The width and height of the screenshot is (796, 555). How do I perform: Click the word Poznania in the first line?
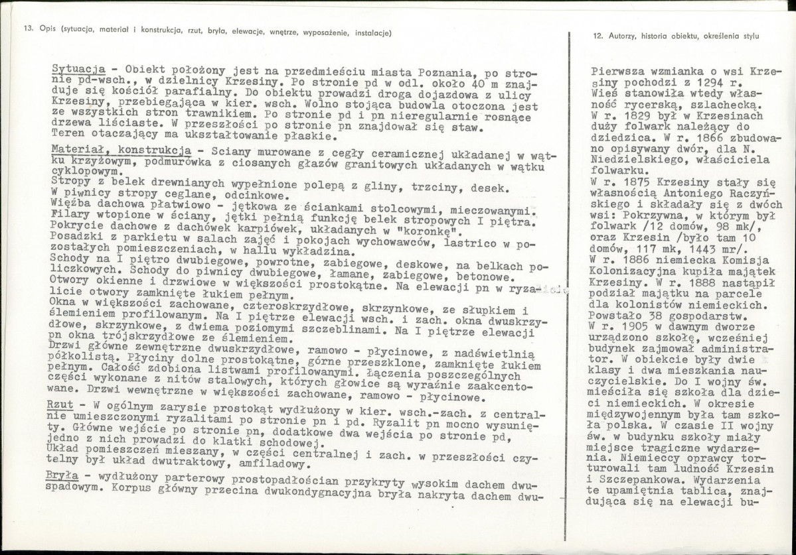coord(444,72)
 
